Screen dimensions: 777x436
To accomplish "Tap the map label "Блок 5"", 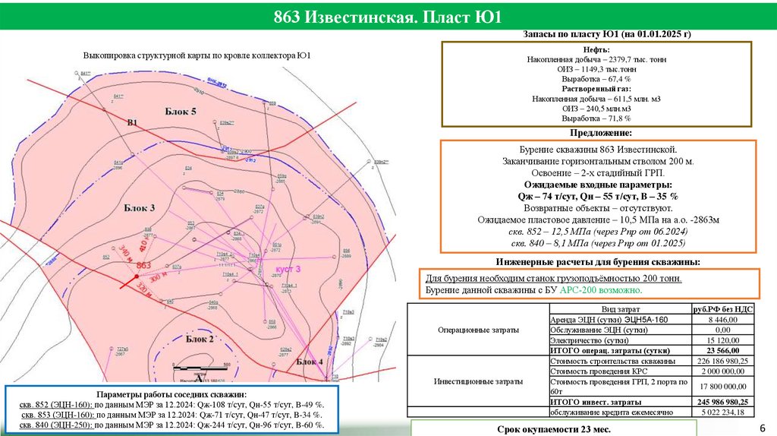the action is coord(181,112).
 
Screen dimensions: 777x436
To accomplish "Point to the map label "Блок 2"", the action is coord(200,339).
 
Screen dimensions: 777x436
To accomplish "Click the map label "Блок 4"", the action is coord(309,361).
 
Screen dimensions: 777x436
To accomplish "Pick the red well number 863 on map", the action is coord(144,265).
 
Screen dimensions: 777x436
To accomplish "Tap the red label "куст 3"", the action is coord(288,270).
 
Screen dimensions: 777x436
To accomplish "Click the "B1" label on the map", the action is coord(132,122).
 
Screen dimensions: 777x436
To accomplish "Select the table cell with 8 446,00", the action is coord(722,321).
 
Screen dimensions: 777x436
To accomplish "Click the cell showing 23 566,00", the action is coord(722,350).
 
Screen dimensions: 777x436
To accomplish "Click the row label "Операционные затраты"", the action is coord(479,330).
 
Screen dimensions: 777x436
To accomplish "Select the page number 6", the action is coord(761,428).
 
